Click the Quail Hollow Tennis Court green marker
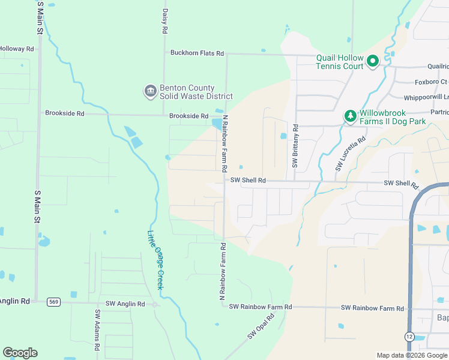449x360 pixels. [x=372, y=61]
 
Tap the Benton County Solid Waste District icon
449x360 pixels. [x=149, y=91]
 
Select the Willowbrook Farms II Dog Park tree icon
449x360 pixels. [x=349, y=116]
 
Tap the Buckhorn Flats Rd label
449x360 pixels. [x=197, y=53]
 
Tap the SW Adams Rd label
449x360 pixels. [x=96, y=330]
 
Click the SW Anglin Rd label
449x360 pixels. [x=125, y=304]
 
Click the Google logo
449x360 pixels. [x=20, y=353]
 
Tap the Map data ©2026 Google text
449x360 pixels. [x=411, y=355]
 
